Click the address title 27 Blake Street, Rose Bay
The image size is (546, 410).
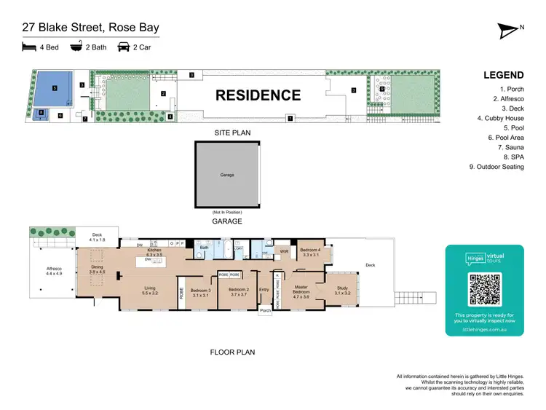point(90,28)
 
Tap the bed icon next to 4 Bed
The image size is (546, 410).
point(29,47)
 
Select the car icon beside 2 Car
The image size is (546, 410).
point(124,47)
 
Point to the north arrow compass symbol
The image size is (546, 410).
point(507,30)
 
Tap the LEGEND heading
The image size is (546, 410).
point(503,75)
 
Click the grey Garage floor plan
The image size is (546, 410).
point(226,175)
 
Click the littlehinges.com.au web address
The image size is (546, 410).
point(485,329)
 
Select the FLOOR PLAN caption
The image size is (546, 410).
point(232,352)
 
